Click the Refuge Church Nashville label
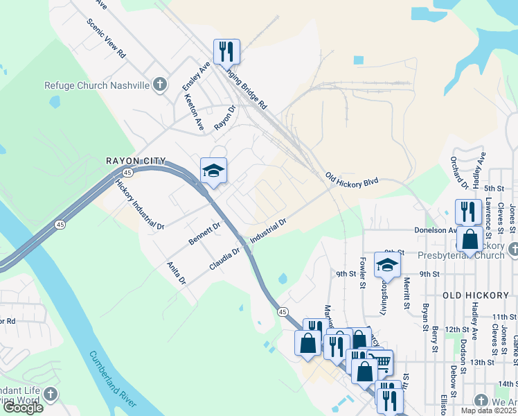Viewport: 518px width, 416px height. tap(97, 85)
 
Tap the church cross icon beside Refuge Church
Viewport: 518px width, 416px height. tap(160, 85)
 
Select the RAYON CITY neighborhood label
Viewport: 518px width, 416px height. tap(135, 161)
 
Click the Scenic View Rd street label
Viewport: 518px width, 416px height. tap(106, 37)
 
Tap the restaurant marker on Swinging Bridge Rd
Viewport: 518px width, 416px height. tap(226, 52)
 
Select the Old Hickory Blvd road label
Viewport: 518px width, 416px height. tap(352, 180)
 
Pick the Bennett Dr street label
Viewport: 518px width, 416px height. tap(204, 234)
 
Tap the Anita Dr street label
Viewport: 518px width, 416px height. tap(177, 272)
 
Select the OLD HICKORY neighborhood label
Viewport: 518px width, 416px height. tap(476, 295)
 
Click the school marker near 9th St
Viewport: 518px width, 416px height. tap(387, 264)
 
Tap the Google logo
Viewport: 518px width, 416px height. tap(23, 408)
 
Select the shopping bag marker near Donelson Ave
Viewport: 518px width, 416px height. tap(470, 239)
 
